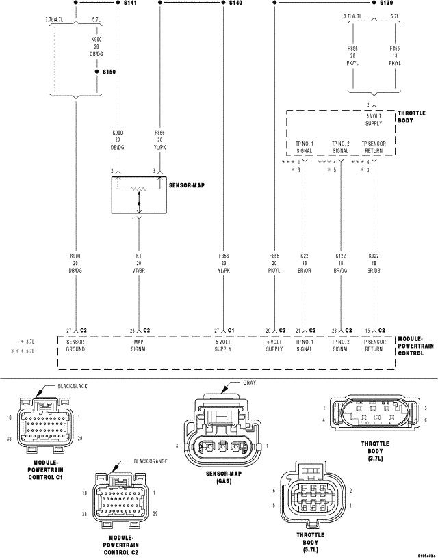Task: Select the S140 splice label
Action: [x=235, y=3]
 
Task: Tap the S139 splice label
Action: [x=386, y=3]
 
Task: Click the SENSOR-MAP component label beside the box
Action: [x=186, y=185]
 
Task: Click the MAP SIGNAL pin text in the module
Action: [x=140, y=344]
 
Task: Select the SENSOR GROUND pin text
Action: [x=75, y=344]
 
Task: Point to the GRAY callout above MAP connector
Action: [x=249, y=383]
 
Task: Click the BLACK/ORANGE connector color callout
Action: [x=151, y=461]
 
